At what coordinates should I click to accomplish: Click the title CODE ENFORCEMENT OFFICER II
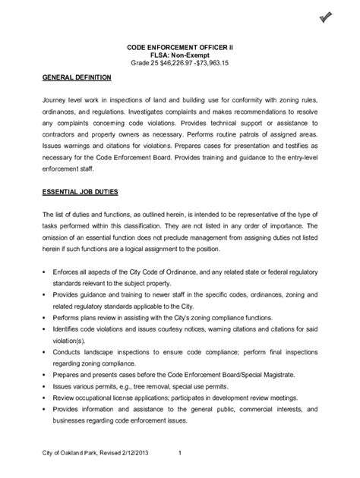coord(180,47)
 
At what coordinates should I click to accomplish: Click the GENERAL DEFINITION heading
coord(77,78)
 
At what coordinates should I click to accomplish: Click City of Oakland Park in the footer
coord(78,453)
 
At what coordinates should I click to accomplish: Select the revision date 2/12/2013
coord(144,453)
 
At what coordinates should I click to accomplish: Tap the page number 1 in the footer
coord(179,453)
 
